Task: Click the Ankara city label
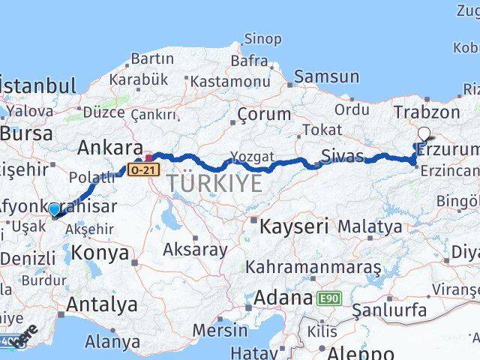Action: pyautogui.click(x=109, y=146)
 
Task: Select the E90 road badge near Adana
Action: pyautogui.click(x=328, y=298)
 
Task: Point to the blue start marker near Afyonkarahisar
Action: pyautogui.click(x=54, y=209)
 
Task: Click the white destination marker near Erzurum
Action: pyautogui.click(x=424, y=134)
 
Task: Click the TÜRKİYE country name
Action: pyautogui.click(x=214, y=183)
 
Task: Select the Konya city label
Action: pyautogui.click(x=101, y=253)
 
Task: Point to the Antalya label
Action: pyautogui.click(x=102, y=304)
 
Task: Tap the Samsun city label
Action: pyautogui.click(x=326, y=76)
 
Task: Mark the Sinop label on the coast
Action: pyautogui.click(x=263, y=39)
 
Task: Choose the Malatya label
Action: pyautogui.click(x=370, y=226)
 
